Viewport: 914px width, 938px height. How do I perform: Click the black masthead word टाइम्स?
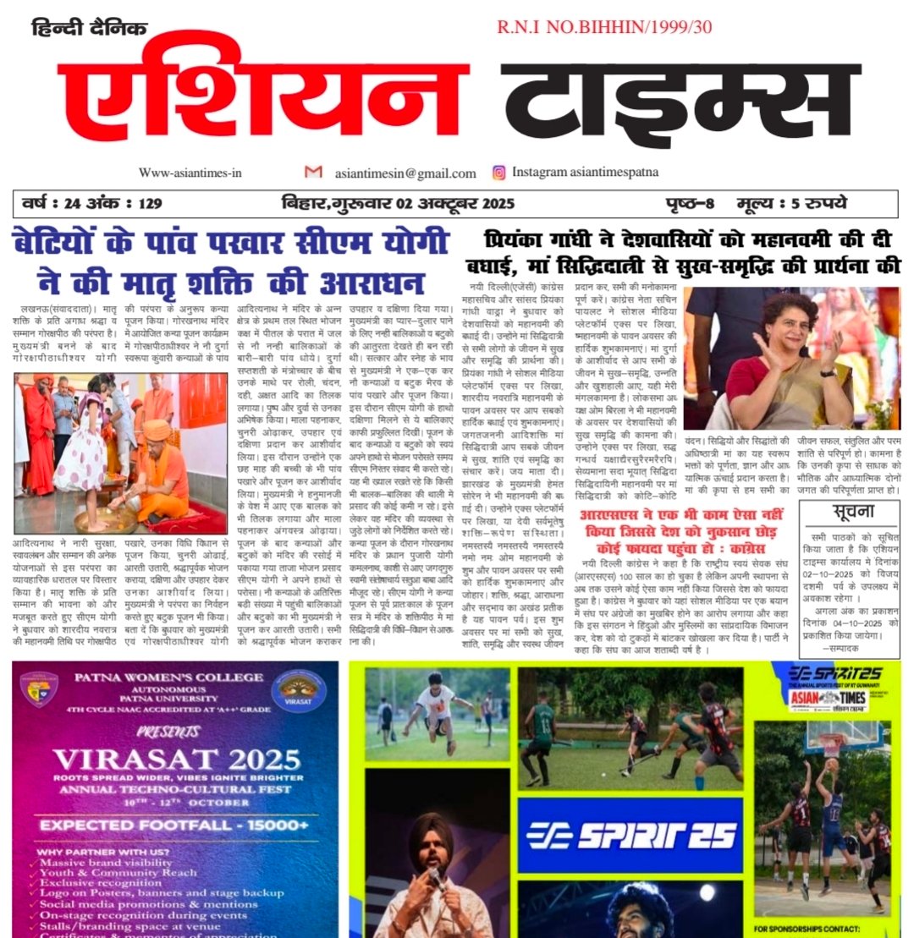[677, 100]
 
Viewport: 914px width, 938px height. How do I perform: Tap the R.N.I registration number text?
[604, 27]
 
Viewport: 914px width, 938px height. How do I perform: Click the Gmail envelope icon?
[313, 172]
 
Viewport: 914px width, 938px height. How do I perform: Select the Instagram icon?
[499, 173]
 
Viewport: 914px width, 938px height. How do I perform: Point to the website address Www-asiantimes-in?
[190, 173]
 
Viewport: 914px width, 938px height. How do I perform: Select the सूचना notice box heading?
[850, 512]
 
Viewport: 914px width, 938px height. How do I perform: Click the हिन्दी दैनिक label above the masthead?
[89, 28]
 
